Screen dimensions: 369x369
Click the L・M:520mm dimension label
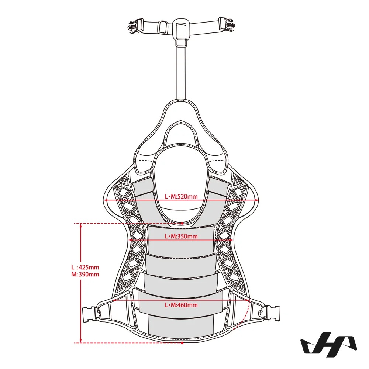[181, 196]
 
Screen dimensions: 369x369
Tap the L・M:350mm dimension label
[181, 236]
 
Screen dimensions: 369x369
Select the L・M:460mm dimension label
[181, 305]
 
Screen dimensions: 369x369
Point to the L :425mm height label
[85, 267]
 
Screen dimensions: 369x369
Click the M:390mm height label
[85, 275]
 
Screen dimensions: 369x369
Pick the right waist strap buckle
[270, 313]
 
